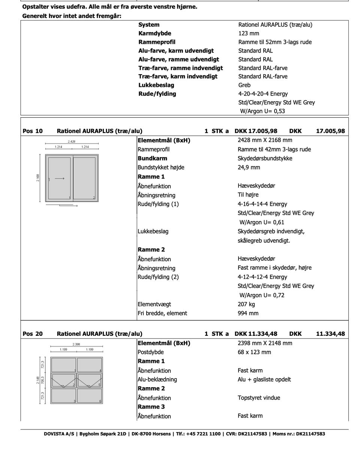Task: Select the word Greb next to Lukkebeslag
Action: coord(244,85)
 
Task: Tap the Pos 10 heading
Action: coord(33,131)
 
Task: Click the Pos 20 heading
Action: coord(33,334)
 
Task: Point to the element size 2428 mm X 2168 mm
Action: coord(265,140)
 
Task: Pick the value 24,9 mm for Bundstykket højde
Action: coord(249,167)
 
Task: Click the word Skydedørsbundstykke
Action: coord(265,158)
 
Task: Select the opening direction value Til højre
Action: coord(248,195)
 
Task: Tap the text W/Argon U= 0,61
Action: coord(261,222)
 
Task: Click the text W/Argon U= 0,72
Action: coord(261,295)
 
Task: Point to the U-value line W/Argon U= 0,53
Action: coord(262,111)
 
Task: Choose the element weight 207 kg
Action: coord(246,304)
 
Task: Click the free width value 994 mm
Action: coord(248,313)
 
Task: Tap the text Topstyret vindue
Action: coord(259,398)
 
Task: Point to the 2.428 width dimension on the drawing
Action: coord(71,142)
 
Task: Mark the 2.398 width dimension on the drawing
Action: coord(76,344)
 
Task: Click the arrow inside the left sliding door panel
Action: coord(59,179)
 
